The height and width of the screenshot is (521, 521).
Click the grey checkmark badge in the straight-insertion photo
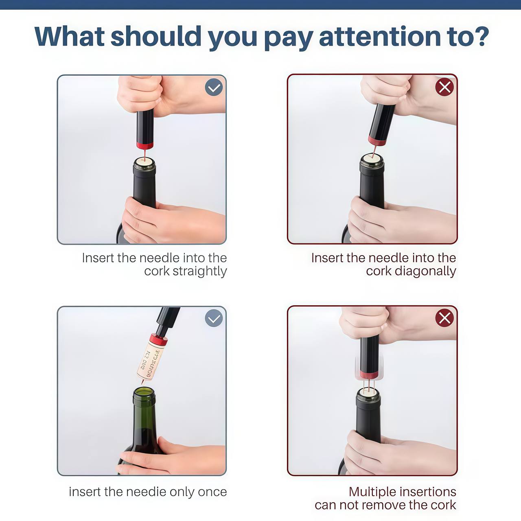pos(214,87)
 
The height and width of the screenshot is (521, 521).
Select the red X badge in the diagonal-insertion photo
pos(444,87)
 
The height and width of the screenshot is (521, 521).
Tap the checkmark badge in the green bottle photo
pos(214,318)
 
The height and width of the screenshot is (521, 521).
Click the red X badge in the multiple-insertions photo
pos(444,318)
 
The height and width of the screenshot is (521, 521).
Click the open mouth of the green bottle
pos(144,392)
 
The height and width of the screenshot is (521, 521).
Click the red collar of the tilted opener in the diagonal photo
pos(377,141)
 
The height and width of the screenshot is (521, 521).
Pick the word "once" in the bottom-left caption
pos(212,492)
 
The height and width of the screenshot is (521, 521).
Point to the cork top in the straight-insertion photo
pos(144,161)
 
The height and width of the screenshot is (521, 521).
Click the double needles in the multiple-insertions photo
pos(368,385)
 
